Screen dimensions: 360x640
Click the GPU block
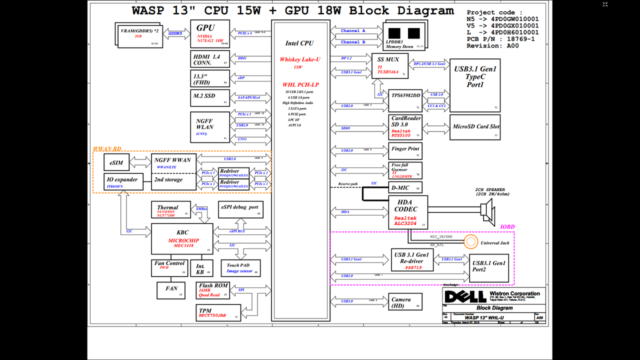pyautogui.click(x=210, y=34)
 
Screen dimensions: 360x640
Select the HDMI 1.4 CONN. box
pyautogui.click(x=210, y=59)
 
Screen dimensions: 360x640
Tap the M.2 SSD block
pyautogui.click(x=210, y=97)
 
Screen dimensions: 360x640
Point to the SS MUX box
pyautogui.click(x=390, y=65)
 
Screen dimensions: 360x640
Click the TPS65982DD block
pyautogui.click(x=405, y=100)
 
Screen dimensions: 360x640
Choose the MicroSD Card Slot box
pyautogui.click(x=476, y=127)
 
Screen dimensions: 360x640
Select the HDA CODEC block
pyautogui.click(x=409, y=212)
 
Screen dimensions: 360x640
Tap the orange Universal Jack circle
pyautogui.click(x=470, y=242)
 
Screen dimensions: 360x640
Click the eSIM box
pyautogui.click(x=116, y=162)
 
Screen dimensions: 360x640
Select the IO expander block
pyautogui.click(x=122, y=182)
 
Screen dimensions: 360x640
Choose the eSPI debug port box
pyautogui.click(x=241, y=209)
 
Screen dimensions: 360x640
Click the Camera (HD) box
pyautogui.click(x=405, y=302)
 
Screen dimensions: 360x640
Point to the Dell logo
pyautogui.click(x=464, y=296)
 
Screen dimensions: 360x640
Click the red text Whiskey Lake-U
pyautogui.click(x=300, y=59)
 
